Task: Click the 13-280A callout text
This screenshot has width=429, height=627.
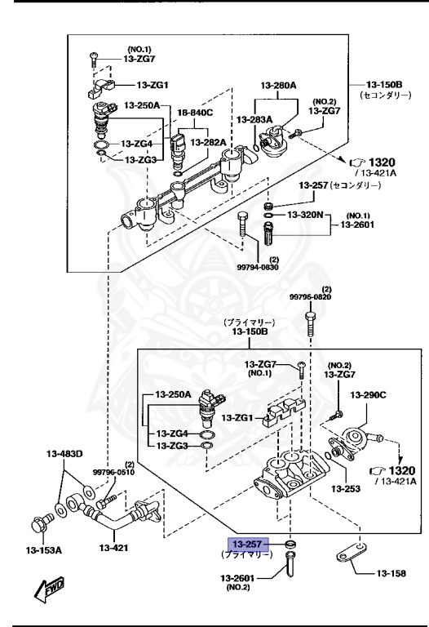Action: point(279,85)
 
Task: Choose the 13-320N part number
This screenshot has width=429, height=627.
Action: point(305,215)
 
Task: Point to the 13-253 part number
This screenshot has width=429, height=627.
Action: point(345,489)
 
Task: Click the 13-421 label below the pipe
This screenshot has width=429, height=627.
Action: point(115,548)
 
